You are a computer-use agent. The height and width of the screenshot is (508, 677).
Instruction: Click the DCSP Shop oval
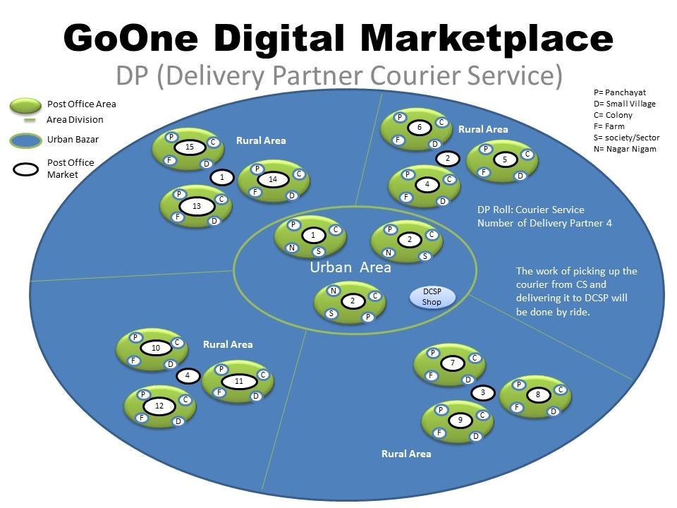432,297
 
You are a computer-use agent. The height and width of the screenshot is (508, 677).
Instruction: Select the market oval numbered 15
190,147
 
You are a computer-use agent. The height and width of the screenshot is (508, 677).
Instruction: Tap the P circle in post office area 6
400,117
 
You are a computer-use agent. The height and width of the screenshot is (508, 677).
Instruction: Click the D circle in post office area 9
475,436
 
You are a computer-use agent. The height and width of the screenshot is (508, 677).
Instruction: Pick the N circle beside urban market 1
292,248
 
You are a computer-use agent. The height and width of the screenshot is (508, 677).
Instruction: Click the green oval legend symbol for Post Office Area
25,106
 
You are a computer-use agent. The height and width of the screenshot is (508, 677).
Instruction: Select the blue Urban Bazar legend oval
25,140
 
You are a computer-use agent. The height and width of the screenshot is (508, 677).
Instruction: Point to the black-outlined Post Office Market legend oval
26,169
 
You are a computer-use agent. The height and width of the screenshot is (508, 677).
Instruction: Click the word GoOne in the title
131,38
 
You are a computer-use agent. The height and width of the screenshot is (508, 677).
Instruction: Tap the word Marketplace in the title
486,40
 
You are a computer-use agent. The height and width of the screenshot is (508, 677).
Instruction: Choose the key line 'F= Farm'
609,126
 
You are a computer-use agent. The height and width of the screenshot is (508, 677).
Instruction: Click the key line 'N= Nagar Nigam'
625,149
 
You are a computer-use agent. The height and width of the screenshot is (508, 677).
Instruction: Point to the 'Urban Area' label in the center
350,267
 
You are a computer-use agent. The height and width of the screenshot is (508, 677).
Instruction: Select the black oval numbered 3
482,393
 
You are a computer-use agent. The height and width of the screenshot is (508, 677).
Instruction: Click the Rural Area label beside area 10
228,344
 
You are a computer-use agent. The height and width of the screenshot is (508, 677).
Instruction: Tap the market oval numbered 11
239,381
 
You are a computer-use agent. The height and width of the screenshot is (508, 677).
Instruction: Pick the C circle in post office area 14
299,174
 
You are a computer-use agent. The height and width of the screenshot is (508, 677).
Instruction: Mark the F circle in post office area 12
142,417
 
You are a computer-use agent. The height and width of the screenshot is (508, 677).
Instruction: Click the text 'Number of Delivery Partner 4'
544,224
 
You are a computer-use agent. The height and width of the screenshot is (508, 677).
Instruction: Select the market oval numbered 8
537,394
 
